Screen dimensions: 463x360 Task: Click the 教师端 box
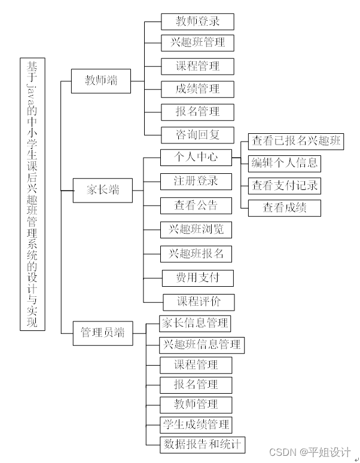coord(100,81)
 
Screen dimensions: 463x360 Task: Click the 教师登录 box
coord(197,22)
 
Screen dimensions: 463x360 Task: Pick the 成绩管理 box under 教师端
coord(197,89)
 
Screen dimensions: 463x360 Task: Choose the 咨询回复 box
coord(197,134)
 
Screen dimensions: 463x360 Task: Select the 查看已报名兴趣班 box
coord(295,141)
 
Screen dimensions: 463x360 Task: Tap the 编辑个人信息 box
coord(285,163)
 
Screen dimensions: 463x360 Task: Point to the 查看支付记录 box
coord(285,185)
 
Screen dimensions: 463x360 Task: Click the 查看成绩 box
coord(285,207)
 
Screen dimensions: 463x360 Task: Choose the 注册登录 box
coord(196,181)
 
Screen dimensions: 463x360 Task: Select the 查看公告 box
coord(196,206)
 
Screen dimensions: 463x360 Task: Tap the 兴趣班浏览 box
coord(196,229)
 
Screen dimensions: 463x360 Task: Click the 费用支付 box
coord(197,278)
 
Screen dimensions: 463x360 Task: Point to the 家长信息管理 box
coord(195,324)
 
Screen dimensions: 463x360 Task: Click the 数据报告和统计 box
coord(202,444)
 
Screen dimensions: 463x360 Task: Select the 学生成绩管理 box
coord(196,425)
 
